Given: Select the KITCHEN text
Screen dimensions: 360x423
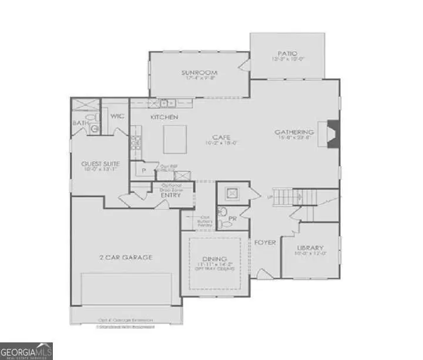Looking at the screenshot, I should [x=164, y=117].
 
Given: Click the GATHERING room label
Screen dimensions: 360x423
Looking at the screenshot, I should [x=294, y=133].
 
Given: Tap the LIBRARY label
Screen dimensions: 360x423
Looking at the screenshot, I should [x=310, y=248].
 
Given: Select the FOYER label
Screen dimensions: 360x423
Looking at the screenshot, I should [x=265, y=242].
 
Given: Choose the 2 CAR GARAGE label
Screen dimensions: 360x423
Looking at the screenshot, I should [x=125, y=257].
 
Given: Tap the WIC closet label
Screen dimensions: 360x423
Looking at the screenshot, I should [x=116, y=116].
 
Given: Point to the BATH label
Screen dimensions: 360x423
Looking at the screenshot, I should [x=80, y=123].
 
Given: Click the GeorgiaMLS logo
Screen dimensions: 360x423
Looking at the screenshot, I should [x=26, y=350].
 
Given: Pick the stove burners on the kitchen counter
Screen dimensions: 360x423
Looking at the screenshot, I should [x=135, y=142].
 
